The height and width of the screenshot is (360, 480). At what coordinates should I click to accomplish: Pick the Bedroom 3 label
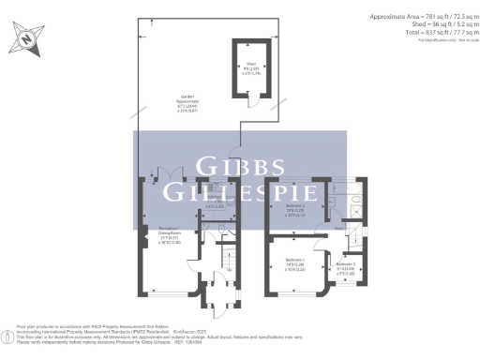(x=344, y=266)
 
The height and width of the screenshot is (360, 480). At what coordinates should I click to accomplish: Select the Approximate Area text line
(x=419, y=17)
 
